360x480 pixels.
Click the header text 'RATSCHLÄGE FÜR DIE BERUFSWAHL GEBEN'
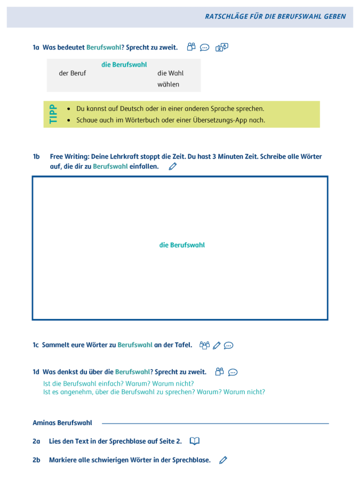[275, 17]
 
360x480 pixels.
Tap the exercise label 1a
[36, 47]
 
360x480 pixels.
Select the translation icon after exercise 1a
[222, 47]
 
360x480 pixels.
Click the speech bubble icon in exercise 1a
[205, 47]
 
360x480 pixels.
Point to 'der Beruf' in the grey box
[73, 74]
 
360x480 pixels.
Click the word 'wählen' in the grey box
[169, 84]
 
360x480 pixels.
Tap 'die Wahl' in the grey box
[170, 74]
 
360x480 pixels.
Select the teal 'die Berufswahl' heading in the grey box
[124, 65]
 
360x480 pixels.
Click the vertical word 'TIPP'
[53, 114]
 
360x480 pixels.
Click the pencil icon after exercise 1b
[172, 166]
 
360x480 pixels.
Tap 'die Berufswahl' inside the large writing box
[182, 245]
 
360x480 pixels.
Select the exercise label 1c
[36, 345]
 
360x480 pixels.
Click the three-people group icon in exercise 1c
[204, 345]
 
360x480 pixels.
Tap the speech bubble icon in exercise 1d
[233, 372]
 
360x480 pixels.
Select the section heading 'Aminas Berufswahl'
[62, 423]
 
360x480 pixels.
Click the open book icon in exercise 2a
[195, 441]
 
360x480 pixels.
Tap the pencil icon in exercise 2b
[223, 460]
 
